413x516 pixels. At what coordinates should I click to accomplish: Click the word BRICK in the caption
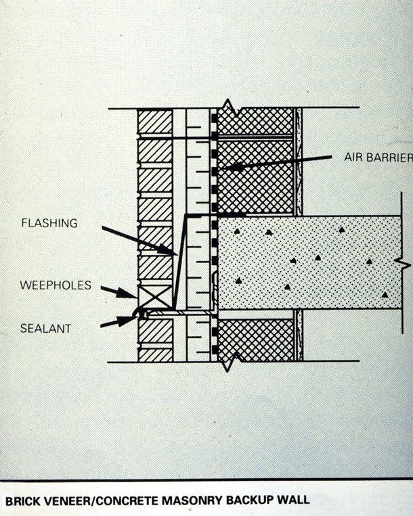(24, 501)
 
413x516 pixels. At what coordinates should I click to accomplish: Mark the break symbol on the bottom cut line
(228, 360)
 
